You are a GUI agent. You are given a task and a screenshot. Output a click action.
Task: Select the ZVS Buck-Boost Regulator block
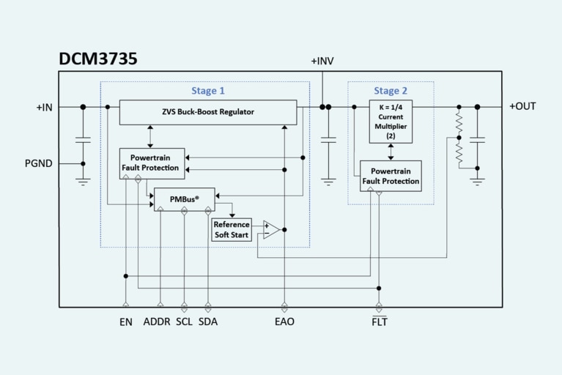click(207, 112)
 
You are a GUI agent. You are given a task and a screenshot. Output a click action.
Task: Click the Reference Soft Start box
click(232, 229)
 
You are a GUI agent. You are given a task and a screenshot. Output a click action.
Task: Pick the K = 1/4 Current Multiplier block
click(391, 121)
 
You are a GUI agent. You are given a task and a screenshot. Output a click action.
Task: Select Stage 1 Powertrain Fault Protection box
click(152, 163)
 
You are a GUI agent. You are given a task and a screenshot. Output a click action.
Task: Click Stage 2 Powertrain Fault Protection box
click(391, 176)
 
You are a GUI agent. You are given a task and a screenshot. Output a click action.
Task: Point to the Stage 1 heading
click(208, 91)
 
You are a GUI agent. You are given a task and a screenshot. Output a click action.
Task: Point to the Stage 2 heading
click(391, 91)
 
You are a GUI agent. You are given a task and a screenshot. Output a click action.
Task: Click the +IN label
click(45, 107)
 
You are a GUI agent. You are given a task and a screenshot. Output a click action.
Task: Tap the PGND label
click(38, 163)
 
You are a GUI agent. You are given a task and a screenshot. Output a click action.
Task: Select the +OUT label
click(522, 106)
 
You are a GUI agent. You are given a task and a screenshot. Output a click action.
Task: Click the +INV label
click(322, 61)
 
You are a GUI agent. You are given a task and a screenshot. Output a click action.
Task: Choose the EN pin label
click(126, 322)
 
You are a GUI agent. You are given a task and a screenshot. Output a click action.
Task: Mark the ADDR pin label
click(157, 322)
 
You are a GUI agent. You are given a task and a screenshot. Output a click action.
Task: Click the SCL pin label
click(184, 322)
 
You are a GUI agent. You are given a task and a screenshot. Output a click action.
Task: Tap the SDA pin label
click(208, 322)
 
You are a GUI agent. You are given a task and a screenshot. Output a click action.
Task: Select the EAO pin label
click(284, 322)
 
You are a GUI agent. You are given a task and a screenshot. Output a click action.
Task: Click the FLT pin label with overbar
click(379, 322)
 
